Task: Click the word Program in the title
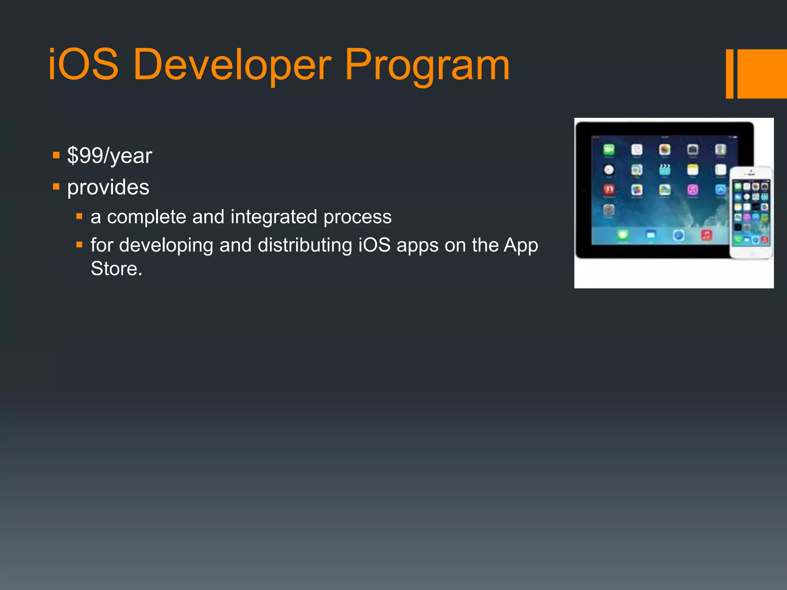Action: [x=427, y=65]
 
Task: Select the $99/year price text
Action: [x=110, y=156]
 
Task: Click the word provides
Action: [x=108, y=187]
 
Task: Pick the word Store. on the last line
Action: [x=116, y=268]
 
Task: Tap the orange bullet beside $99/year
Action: [x=56, y=155]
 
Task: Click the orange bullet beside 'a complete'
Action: [x=80, y=216]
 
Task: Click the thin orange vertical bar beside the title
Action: [x=729, y=74]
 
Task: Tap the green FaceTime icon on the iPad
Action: [x=609, y=149]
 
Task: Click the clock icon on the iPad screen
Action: [x=609, y=169]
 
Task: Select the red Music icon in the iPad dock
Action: [x=706, y=235]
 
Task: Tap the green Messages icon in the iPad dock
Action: [x=623, y=235]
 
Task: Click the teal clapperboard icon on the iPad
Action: [x=664, y=169]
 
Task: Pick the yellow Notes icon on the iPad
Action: [x=692, y=169]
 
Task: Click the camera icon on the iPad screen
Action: [x=692, y=149]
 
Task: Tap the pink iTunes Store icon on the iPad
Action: [x=692, y=189]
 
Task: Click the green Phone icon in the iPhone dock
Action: [x=737, y=240]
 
